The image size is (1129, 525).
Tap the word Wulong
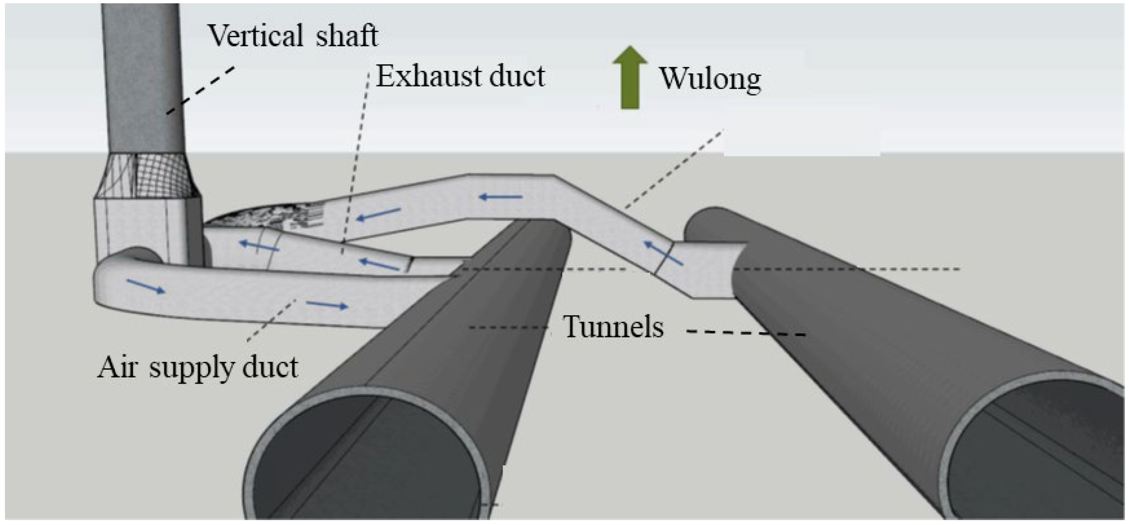(711, 79)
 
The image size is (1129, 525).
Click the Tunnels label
(613, 327)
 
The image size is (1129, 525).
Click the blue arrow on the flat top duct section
(500, 197)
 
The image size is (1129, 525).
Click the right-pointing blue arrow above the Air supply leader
(327, 305)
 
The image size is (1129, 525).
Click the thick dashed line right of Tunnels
(746, 333)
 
